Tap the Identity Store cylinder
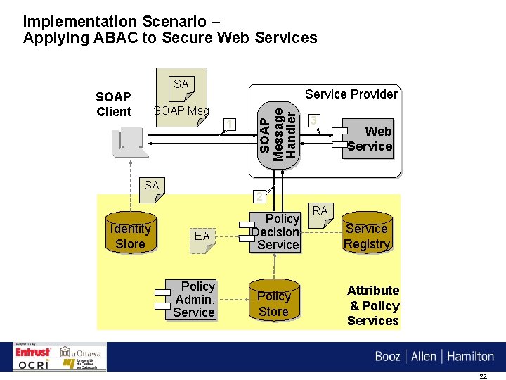(x=130, y=236)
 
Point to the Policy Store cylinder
(x=273, y=303)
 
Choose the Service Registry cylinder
(x=366, y=236)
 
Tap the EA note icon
(x=202, y=236)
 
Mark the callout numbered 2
(x=259, y=196)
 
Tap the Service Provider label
(x=351, y=94)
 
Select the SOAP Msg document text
(x=181, y=111)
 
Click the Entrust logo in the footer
(x=34, y=352)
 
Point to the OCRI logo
(x=34, y=365)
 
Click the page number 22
(x=483, y=376)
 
